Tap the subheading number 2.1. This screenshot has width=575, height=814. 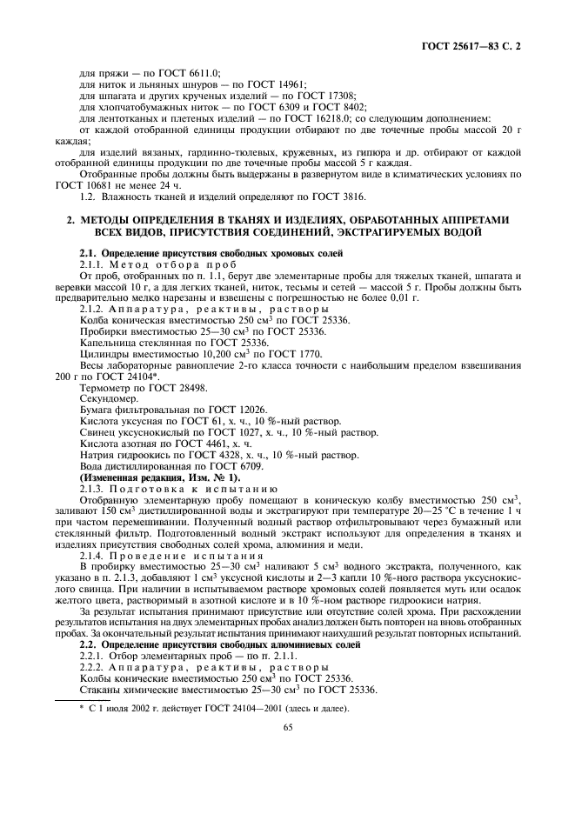tap(89, 252)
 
